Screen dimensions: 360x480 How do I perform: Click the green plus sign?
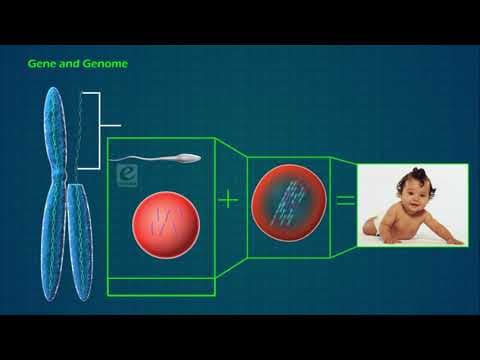pyautogui.click(x=229, y=199)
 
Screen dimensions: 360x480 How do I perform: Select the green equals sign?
pyautogui.click(x=345, y=200)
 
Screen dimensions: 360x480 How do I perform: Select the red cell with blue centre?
pyautogui.click(x=287, y=201)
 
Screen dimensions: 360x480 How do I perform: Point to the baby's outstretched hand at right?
pyautogui.click(x=455, y=240)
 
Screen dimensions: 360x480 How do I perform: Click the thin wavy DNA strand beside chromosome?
pyautogui.click(x=79, y=130)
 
